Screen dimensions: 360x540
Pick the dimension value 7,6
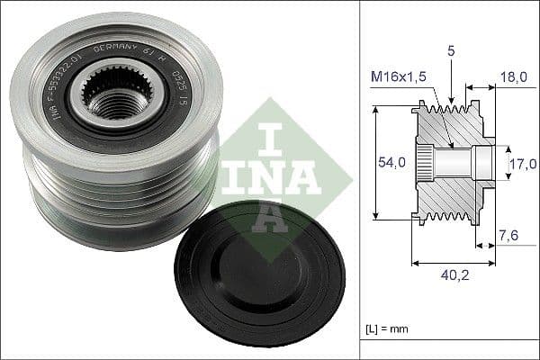[x=508, y=236]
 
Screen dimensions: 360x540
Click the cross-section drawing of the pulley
[x=453, y=162]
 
